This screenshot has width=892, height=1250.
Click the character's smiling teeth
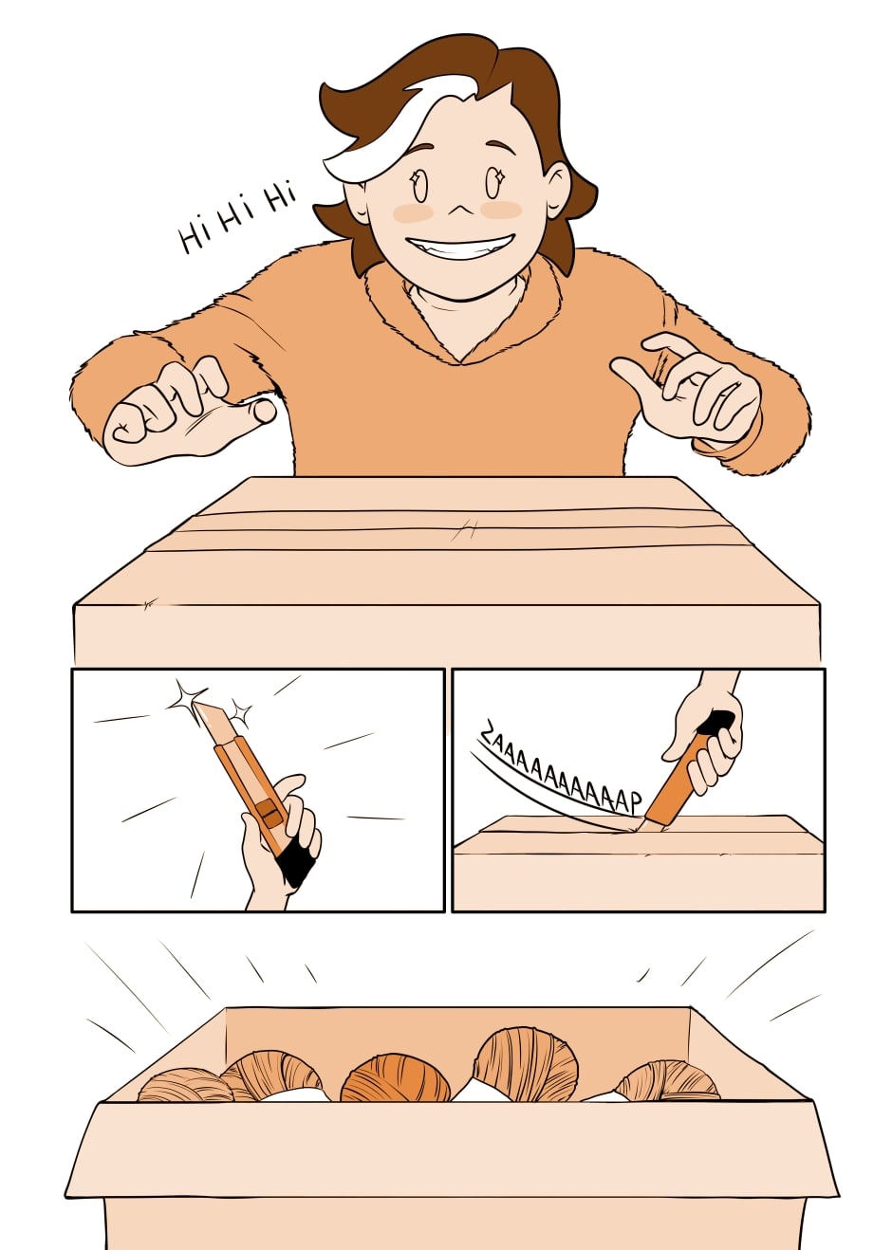point(458,245)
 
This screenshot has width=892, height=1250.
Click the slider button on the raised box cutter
point(269,816)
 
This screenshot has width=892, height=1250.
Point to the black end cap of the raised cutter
point(295,865)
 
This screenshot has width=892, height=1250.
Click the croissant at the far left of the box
point(185,1084)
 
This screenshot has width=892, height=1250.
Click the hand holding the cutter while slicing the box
point(704,730)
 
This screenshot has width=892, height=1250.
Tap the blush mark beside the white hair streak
point(413,212)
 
